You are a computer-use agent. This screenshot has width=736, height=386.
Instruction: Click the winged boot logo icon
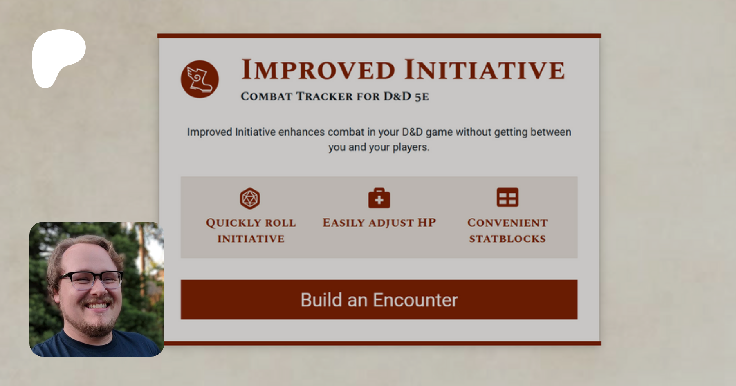coord(200,79)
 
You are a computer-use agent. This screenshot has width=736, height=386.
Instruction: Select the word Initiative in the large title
coord(485,69)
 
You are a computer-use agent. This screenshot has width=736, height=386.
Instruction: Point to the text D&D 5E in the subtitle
coord(406,96)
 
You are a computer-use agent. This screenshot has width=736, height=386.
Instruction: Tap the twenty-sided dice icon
coord(250,198)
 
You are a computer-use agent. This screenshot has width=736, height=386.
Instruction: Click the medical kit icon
coord(379,198)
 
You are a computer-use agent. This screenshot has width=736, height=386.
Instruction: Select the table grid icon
coord(507,198)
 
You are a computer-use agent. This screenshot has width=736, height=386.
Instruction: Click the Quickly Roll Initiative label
coord(251,231)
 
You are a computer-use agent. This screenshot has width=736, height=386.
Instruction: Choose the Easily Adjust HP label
coord(379,223)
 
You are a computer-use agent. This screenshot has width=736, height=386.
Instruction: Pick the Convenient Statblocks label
coord(507,231)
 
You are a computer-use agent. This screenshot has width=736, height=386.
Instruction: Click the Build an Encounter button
coord(379,299)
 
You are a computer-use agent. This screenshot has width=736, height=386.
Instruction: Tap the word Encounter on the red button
coord(415,300)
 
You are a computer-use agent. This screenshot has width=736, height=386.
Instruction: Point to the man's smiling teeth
coord(97,306)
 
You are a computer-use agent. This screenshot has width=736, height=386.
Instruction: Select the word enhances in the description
coord(301,132)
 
